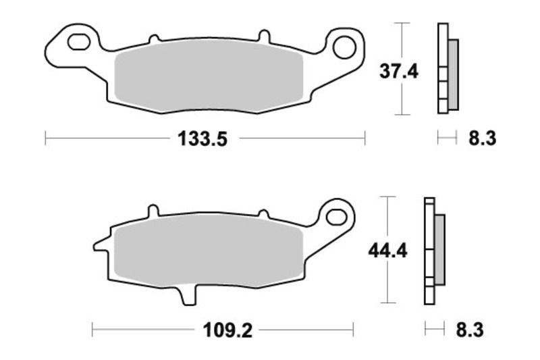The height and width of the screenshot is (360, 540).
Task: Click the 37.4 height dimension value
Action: [x=398, y=71]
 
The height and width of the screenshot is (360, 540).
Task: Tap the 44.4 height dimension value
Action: [x=387, y=251]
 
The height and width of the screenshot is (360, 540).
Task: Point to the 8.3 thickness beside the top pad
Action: [x=482, y=139]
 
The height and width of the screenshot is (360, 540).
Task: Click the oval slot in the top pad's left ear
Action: [x=78, y=41]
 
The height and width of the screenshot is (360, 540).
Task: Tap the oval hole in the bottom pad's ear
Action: [x=335, y=216]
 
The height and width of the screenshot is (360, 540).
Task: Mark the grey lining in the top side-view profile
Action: [x=453, y=74]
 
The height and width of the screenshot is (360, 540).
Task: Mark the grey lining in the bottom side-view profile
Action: [x=439, y=249]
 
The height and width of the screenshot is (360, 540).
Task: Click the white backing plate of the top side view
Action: [x=443, y=68]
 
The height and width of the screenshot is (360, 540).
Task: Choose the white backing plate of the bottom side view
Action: [x=429, y=250]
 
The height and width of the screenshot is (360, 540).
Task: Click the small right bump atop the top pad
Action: [x=265, y=35]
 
